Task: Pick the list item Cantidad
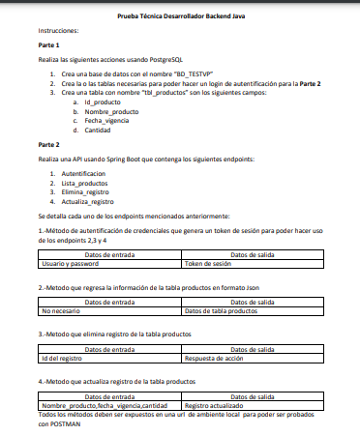click(98, 130)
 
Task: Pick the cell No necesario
click(61, 311)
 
